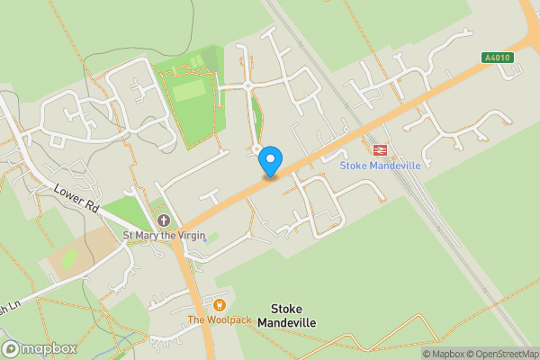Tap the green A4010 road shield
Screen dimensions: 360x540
496,58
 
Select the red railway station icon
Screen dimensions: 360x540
379,150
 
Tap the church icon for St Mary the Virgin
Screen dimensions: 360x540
163,220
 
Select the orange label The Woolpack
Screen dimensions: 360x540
220,319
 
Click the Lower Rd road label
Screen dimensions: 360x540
76,198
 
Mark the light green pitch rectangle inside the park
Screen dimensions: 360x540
189,90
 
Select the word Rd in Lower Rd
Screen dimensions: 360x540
92,206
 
